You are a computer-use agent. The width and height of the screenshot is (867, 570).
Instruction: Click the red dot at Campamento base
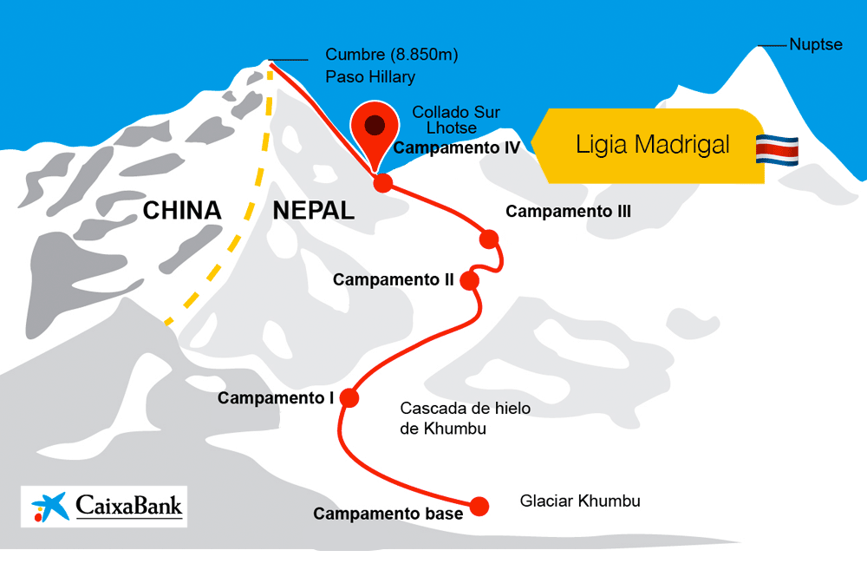tap(479, 505)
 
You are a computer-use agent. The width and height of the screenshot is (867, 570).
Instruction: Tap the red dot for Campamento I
tap(349, 397)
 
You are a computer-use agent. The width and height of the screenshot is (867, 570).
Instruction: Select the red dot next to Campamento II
tap(470, 280)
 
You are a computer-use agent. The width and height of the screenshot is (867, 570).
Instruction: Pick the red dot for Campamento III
tap(489, 239)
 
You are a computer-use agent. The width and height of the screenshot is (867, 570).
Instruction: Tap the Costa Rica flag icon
tap(777, 149)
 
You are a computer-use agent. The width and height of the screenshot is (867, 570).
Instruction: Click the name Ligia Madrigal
tap(652, 145)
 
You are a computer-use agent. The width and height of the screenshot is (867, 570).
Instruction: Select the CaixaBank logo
tap(104, 507)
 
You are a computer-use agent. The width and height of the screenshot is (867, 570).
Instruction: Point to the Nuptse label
tap(815, 44)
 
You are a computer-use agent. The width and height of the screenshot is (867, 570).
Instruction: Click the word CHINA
tap(182, 210)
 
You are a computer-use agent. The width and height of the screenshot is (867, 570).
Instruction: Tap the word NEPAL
tap(313, 210)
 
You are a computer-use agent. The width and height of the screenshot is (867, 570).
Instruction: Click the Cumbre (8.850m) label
tap(391, 55)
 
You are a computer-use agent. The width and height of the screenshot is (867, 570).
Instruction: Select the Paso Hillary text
tap(370, 76)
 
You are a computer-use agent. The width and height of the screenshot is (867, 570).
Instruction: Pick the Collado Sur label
tap(456, 112)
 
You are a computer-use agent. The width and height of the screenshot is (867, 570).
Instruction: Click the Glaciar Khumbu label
tap(580, 501)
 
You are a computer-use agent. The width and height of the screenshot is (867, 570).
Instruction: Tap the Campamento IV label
tap(456, 148)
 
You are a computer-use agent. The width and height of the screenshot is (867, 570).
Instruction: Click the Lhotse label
tap(444, 128)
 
